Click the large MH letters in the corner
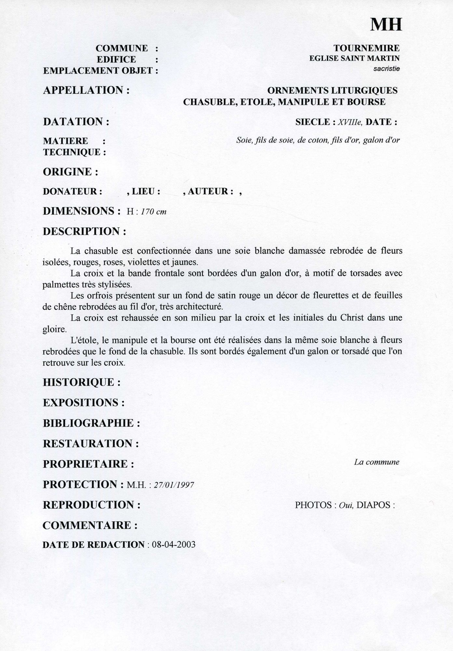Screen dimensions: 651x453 [x=386, y=24]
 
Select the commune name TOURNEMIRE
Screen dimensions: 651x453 [x=366, y=48]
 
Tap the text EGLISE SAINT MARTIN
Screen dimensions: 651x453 [x=354, y=59]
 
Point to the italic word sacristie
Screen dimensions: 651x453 [x=387, y=69]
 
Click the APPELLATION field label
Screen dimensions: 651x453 [x=86, y=90]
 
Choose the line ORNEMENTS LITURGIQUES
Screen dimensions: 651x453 [x=332, y=90]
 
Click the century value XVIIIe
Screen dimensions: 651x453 [x=350, y=122]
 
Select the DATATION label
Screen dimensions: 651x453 [x=76, y=122]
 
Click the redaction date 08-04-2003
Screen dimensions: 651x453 [x=174, y=545]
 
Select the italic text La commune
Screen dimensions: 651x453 [x=377, y=462]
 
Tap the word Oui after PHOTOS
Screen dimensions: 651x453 [x=346, y=505]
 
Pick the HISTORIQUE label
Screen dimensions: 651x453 [x=82, y=382]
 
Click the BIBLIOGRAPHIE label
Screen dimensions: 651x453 [x=91, y=423]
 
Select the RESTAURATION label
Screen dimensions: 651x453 [x=91, y=443]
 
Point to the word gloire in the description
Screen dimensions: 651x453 [x=54, y=329]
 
